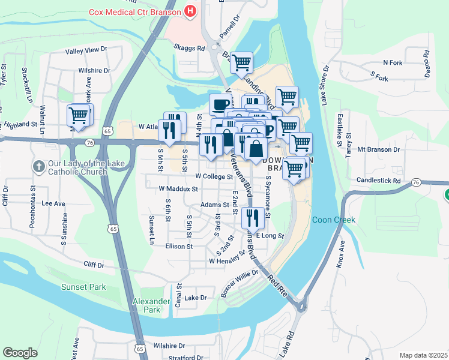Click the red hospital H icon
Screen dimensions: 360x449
190,11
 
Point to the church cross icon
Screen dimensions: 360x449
38,166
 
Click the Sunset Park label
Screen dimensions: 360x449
83,287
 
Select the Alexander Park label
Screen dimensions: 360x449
147,305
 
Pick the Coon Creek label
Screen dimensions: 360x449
333,220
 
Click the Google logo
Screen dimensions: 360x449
20,352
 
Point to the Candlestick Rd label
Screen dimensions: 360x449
378,180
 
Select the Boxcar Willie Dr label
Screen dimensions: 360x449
239,282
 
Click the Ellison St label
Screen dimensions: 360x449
179,246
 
